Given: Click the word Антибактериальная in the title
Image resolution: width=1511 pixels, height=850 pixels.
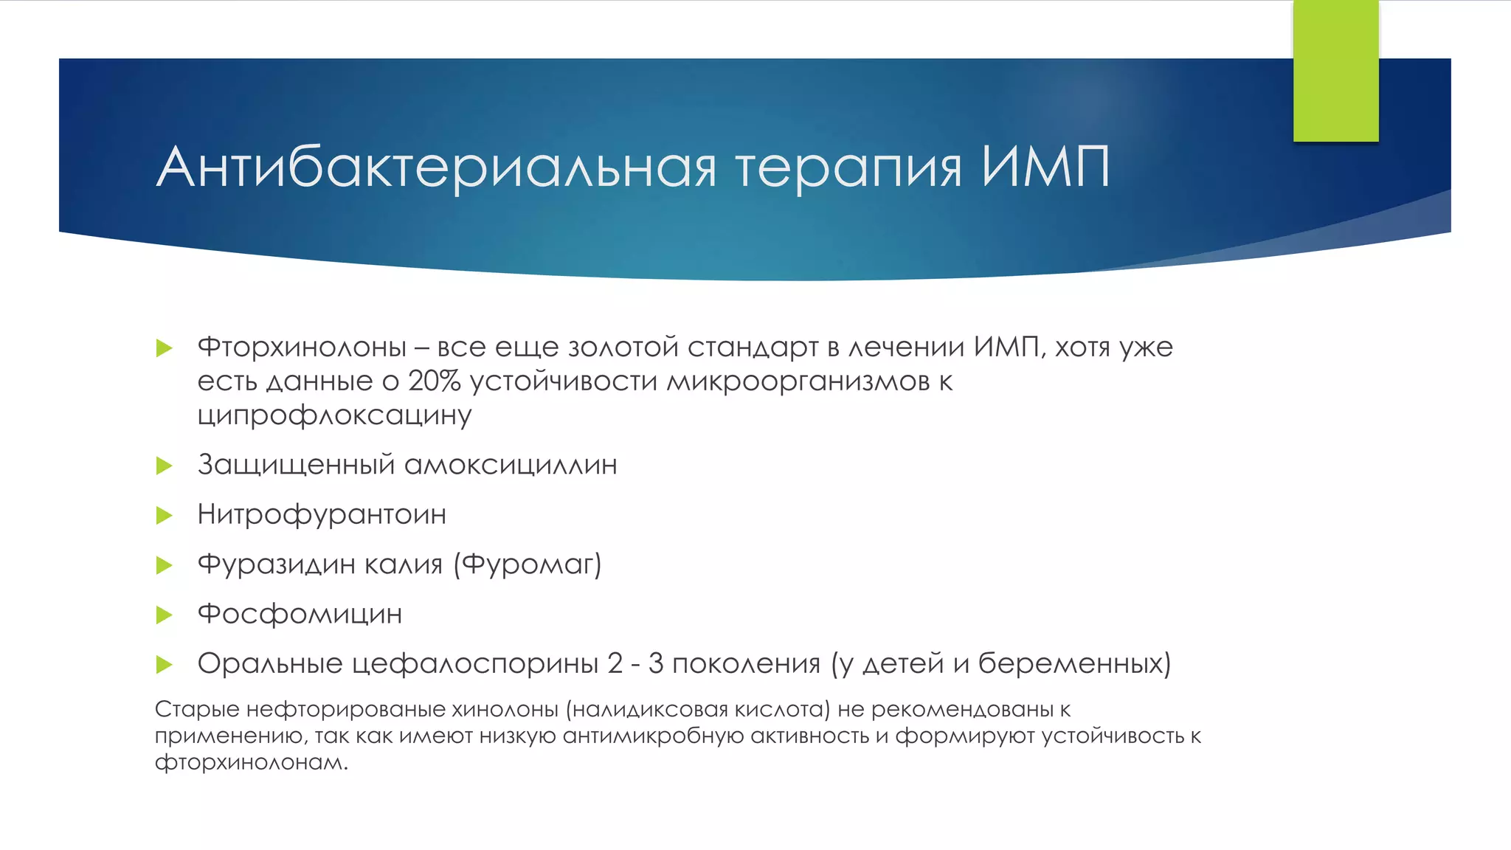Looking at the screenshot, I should [435, 167].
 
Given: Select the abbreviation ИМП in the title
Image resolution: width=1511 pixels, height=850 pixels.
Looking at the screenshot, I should [1045, 167].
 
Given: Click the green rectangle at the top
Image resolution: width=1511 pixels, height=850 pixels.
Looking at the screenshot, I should [1335, 70].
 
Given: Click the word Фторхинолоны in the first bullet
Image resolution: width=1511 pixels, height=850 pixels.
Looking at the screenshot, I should [302, 347].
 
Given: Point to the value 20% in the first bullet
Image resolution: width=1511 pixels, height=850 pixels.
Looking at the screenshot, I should [434, 381].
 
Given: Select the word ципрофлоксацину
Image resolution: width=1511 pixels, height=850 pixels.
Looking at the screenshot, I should [334, 415].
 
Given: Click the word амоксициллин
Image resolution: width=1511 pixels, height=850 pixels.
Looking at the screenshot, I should [511, 465].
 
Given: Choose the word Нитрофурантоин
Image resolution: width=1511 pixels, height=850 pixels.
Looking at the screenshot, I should [322, 514].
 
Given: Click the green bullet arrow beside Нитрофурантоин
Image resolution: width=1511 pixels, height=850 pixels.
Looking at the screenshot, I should [165, 515].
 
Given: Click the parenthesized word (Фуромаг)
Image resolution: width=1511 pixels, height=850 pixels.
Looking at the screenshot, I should [528, 564].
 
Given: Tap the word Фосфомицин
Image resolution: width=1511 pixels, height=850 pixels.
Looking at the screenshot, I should [300, 614].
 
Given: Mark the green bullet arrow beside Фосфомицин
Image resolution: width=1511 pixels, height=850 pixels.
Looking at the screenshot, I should [165, 615].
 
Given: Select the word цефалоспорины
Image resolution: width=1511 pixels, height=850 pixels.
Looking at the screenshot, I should [475, 663].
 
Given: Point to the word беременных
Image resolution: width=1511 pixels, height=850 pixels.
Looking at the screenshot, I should [1074, 663].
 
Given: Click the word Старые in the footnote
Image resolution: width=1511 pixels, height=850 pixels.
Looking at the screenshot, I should [197, 709].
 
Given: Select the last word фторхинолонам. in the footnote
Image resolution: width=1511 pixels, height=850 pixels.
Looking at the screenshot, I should [251, 762].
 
